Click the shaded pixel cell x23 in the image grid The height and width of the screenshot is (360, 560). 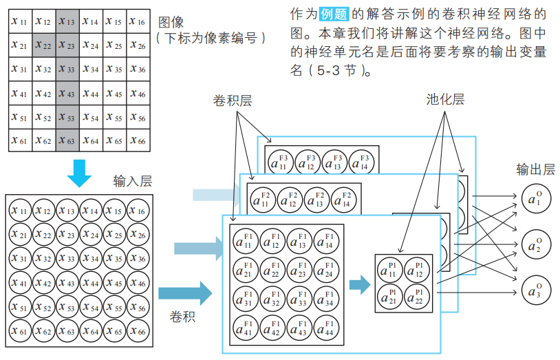click(x=67, y=45)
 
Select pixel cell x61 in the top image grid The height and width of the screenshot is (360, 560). click(x=19, y=140)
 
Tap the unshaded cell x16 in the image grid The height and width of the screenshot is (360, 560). click(x=138, y=21)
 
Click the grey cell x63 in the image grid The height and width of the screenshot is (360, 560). click(x=67, y=140)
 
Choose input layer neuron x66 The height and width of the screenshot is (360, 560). click(x=138, y=332)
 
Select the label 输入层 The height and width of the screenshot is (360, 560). click(x=133, y=182)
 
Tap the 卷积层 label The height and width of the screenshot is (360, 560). click(x=232, y=100)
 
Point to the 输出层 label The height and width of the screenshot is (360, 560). click(x=535, y=169)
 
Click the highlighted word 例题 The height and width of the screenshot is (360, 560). click(x=335, y=14)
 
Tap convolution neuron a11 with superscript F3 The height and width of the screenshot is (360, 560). click(x=281, y=162)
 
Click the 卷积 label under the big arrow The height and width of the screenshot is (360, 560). click(x=183, y=317)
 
